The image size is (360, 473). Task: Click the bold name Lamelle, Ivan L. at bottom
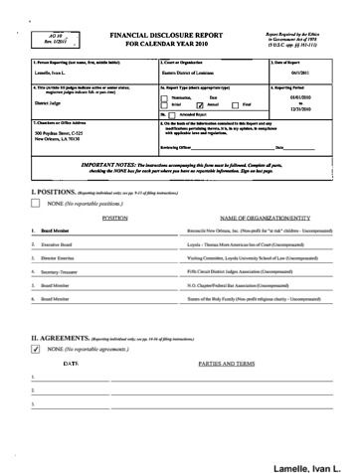coord(315,465)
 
